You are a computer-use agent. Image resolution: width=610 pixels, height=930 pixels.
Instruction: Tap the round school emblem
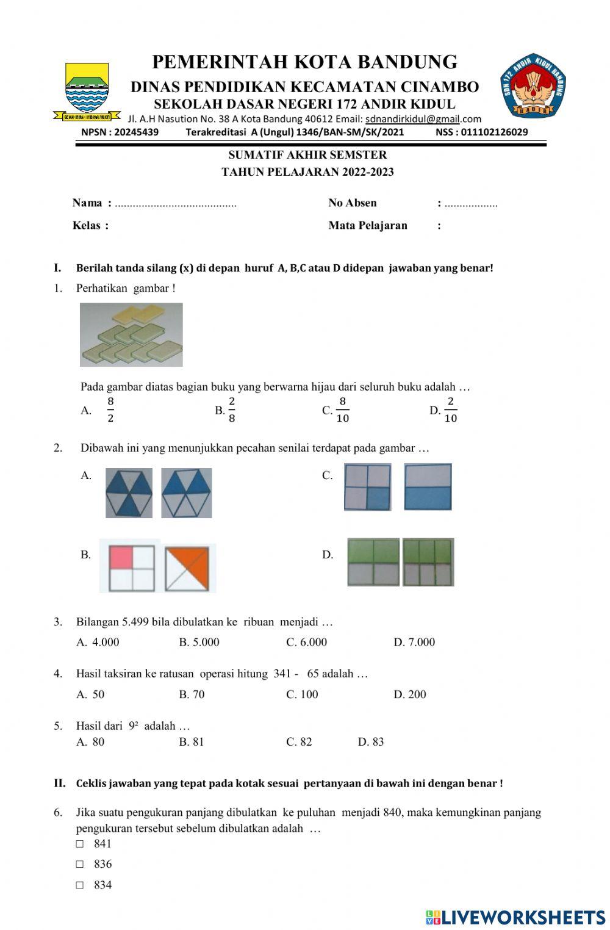coord(533,85)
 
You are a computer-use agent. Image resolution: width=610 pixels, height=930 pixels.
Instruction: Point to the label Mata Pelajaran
coord(368,226)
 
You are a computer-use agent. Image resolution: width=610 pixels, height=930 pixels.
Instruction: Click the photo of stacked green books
coord(131,334)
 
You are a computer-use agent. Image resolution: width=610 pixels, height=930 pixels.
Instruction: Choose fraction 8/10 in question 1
coord(342,409)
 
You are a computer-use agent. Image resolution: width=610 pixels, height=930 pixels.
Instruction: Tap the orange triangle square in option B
coord(190,568)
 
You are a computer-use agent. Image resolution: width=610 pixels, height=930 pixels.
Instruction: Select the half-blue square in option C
coord(428,487)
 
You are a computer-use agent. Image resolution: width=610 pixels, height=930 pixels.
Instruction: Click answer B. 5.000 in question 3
coord(199,642)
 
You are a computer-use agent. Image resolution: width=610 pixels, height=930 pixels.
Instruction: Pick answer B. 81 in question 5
coord(192,742)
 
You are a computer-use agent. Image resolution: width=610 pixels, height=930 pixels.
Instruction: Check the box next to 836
coord(80,864)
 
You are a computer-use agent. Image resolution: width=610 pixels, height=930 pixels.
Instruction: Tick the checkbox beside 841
coord(80,844)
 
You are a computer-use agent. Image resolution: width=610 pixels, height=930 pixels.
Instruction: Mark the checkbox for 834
coord(80,885)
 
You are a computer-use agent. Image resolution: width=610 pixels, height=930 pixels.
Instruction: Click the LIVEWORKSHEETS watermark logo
coord(515,917)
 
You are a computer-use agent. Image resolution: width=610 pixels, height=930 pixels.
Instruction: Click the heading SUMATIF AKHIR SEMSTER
coord(307,155)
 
